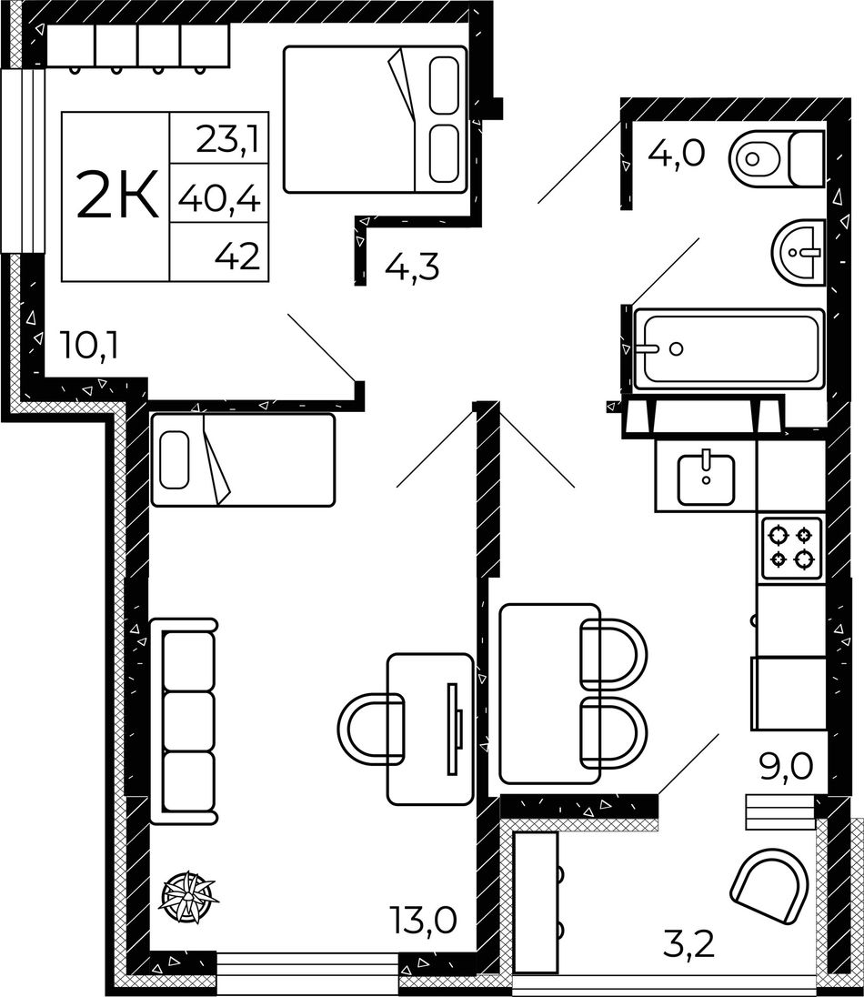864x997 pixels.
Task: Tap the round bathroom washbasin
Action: (x=798, y=252)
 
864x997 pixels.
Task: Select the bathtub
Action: (x=729, y=347)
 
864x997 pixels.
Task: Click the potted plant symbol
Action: (x=188, y=897)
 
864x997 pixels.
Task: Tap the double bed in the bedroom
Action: (x=375, y=119)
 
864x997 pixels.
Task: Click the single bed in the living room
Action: (x=243, y=459)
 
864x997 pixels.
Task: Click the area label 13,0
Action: (x=424, y=920)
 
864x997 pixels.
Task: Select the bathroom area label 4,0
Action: (x=677, y=153)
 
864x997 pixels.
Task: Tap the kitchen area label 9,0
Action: (x=786, y=766)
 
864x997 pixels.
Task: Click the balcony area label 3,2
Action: (x=689, y=944)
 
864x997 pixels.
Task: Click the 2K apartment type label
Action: (x=117, y=196)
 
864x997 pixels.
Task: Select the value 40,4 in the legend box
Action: (x=219, y=201)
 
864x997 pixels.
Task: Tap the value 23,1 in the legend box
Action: (x=228, y=140)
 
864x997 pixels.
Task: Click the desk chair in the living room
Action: (x=372, y=728)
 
